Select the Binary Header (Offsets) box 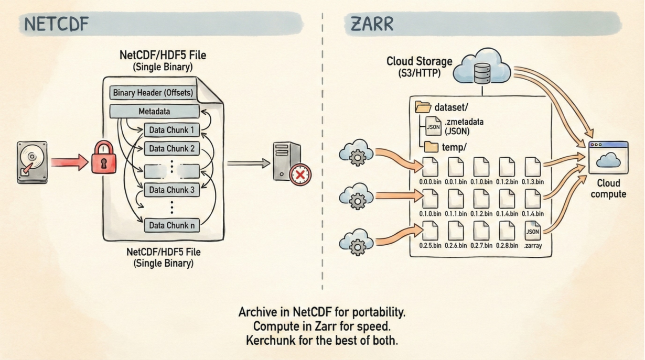tap(153, 93)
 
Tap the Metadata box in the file tap(154, 112)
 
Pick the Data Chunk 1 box tap(171, 130)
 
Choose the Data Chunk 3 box tap(171, 190)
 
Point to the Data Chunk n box tap(171, 225)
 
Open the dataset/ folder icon tap(423, 107)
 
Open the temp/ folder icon tap(431, 147)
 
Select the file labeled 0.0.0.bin tap(430, 168)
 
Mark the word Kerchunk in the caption tap(267, 340)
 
